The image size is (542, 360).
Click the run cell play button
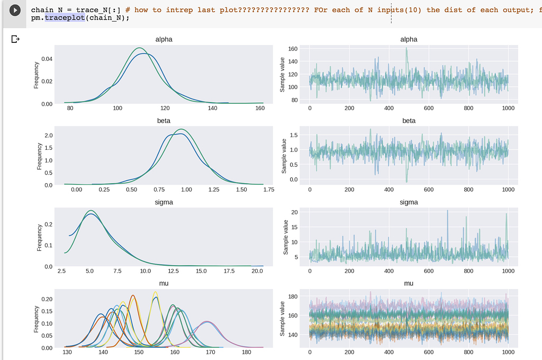pyautogui.click(x=16, y=10)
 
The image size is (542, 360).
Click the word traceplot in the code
pyautogui.click(x=65, y=18)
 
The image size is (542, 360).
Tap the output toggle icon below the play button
pyautogui.click(x=15, y=39)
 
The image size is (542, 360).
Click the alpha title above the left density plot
pyautogui.click(x=164, y=39)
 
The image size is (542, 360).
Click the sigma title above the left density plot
pyautogui.click(x=164, y=202)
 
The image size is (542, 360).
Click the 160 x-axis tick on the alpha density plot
pyautogui.click(x=260, y=109)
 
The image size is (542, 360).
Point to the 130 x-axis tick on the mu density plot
pyautogui.click(x=68, y=353)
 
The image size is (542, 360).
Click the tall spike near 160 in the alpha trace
pyautogui.click(x=406, y=49)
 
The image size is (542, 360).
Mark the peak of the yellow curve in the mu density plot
pyautogui.click(x=155, y=292)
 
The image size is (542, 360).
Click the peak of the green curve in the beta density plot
pyautogui.click(x=182, y=130)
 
